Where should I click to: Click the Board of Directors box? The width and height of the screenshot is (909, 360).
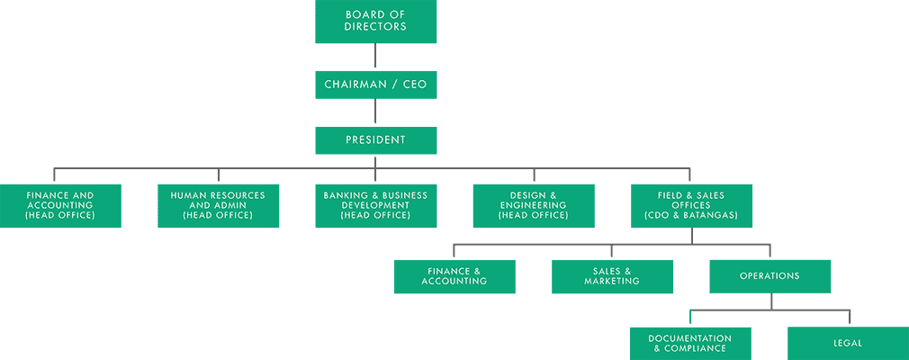tap(375, 22)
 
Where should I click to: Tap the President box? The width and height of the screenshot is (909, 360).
tap(375, 140)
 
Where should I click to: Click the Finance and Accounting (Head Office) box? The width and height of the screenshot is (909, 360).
tap(60, 206)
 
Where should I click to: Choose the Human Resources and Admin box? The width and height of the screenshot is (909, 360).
tap(218, 206)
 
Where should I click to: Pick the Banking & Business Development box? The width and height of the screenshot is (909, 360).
tap(375, 206)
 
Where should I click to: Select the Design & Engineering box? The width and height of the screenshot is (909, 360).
tap(534, 206)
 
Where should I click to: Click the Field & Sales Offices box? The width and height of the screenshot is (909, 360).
tap(691, 206)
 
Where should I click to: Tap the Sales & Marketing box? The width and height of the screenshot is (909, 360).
tap(612, 276)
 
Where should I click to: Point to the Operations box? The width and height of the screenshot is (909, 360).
tap(769, 276)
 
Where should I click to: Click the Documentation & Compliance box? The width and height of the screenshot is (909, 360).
tap(690, 343)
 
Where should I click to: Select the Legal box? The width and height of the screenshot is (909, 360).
tap(848, 343)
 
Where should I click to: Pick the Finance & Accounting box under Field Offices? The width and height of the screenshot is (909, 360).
tap(454, 276)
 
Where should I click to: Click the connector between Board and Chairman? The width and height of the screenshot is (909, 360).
tap(375, 57)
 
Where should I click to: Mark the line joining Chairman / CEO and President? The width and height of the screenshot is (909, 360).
tap(375, 112)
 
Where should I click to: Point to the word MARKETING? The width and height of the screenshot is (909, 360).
tap(612, 282)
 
